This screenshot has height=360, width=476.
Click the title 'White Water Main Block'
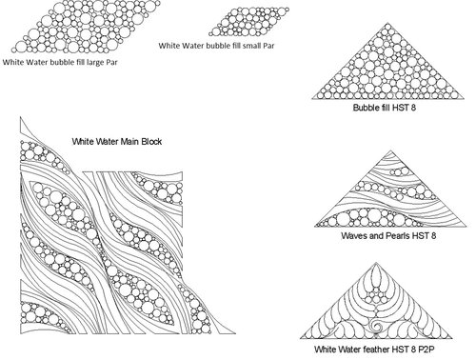click(117, 141)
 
